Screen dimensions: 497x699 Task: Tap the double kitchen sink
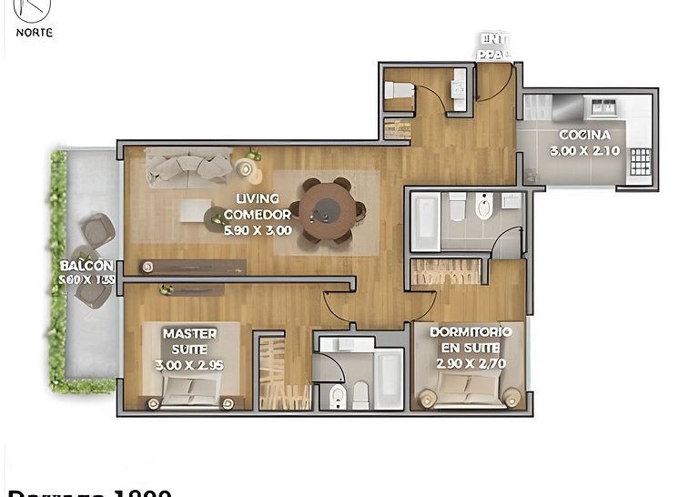coord(603,107)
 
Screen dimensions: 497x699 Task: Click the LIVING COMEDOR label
coord(258,207)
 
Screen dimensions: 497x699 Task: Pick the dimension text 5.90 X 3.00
coord(258,230)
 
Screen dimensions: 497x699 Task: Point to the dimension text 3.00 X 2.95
coord(189,364)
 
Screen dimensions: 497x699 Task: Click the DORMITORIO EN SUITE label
coord(470,340)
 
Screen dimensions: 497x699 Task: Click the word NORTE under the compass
coord(34,32)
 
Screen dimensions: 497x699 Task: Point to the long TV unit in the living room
coord(192,266)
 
